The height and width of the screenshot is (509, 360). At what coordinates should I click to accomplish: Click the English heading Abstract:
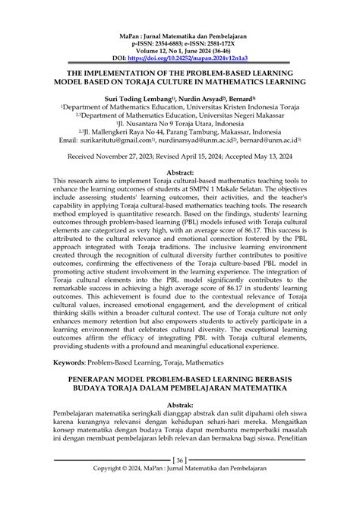(x=180, y=172)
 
